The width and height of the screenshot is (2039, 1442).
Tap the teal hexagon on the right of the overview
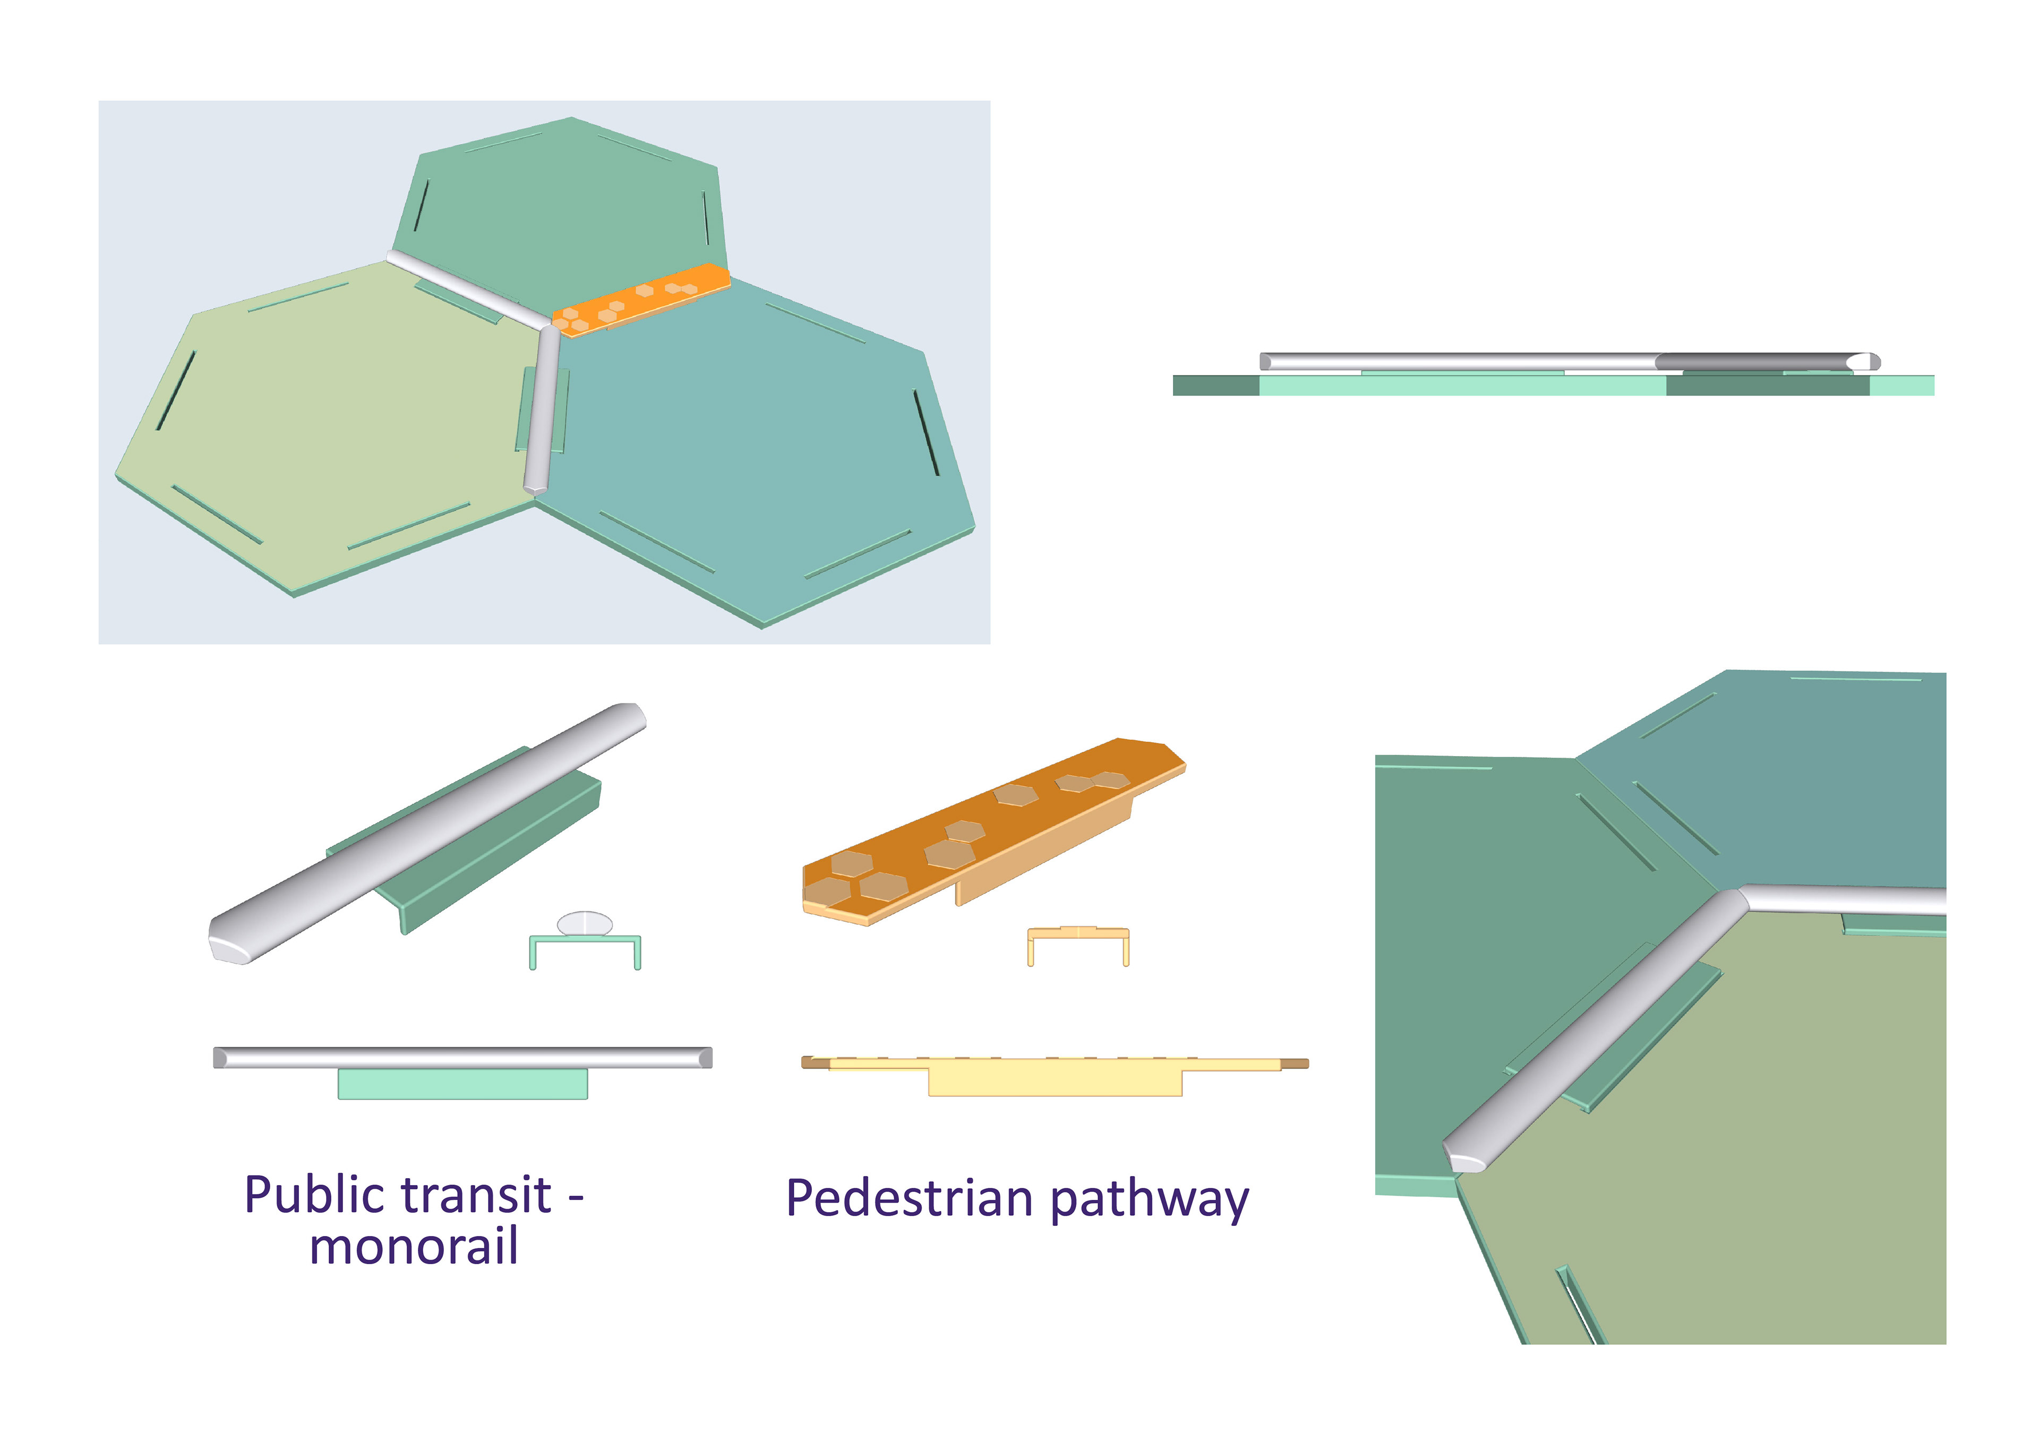coord(755,444)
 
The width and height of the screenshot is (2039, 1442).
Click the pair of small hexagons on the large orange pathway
coord(1092,782)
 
